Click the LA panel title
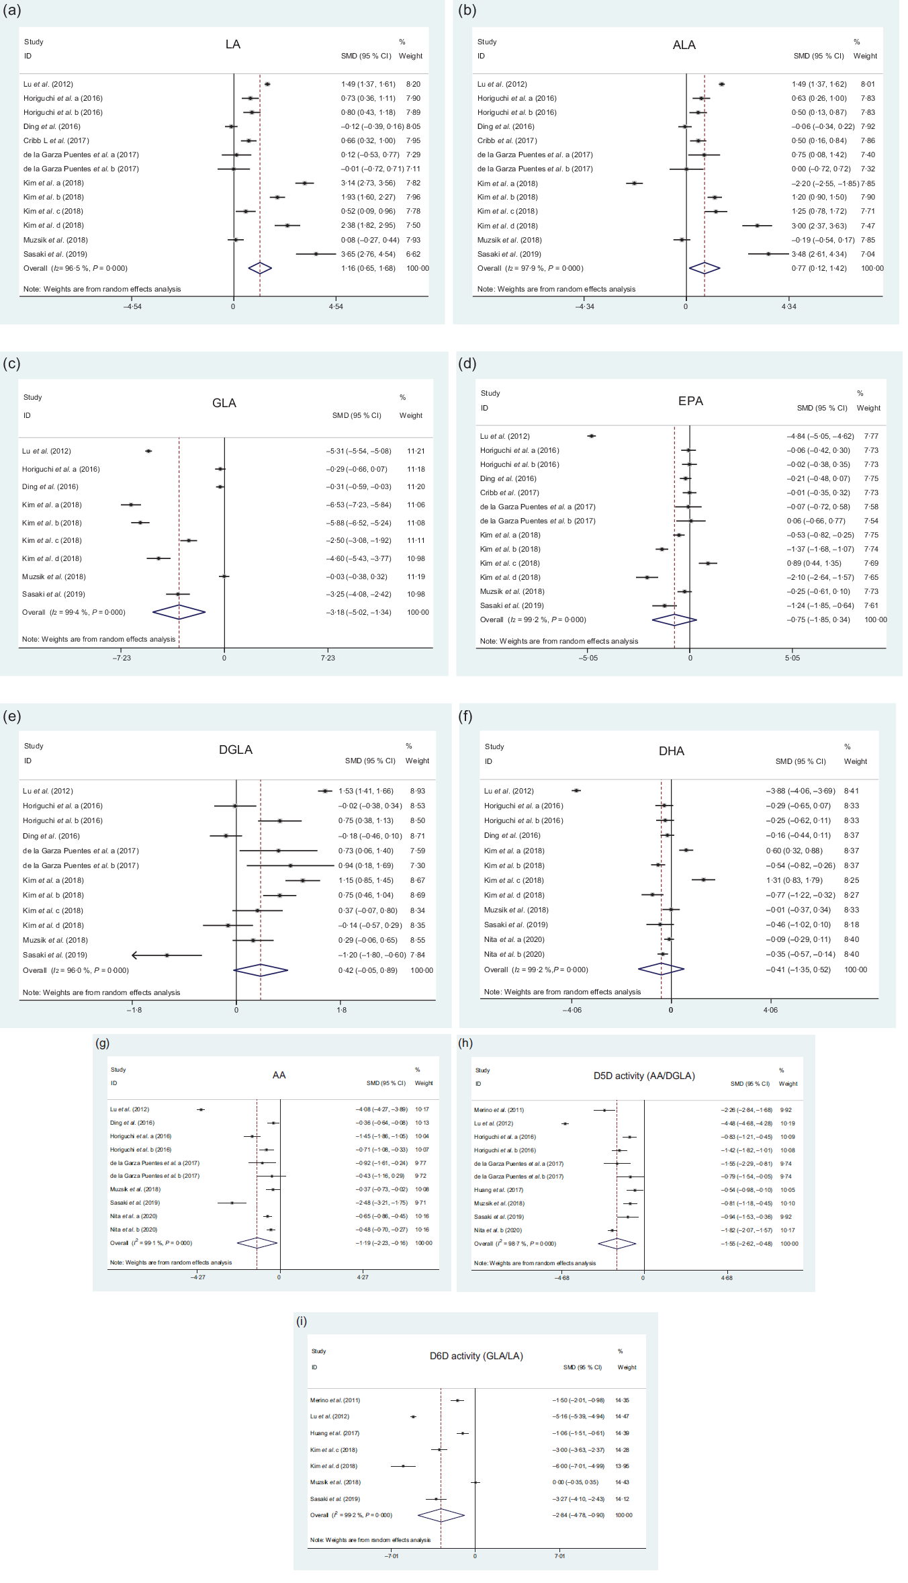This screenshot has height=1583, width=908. pos(232,44)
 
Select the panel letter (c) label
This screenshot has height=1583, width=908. pos(11,363)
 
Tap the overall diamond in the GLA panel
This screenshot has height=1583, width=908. pos(179,612)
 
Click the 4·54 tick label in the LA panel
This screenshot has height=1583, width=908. pos(336,307)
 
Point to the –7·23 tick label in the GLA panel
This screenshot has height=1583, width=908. pos(122,658)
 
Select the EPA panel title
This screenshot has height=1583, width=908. pos(690,401)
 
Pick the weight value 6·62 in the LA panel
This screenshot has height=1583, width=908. pos(413,254)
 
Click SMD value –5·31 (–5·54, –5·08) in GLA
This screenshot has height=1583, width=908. pos(359,452)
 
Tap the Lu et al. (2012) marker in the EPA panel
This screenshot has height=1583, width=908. pos(591,436)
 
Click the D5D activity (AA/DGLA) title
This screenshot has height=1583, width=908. pos(644,1076)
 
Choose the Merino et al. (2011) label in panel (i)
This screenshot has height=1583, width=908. pos(335,1400)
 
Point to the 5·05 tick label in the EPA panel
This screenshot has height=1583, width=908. pos(792,658)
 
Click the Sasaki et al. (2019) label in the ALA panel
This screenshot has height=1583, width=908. pos(508,254)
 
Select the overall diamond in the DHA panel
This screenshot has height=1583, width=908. pos(661,970)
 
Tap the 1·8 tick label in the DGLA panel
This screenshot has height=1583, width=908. pos(341,1010)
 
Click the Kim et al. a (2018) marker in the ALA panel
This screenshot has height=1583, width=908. pos(634,183)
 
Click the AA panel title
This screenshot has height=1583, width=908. pos(279,1075)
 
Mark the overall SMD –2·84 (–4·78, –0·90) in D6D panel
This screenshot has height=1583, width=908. pos(578,1515)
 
